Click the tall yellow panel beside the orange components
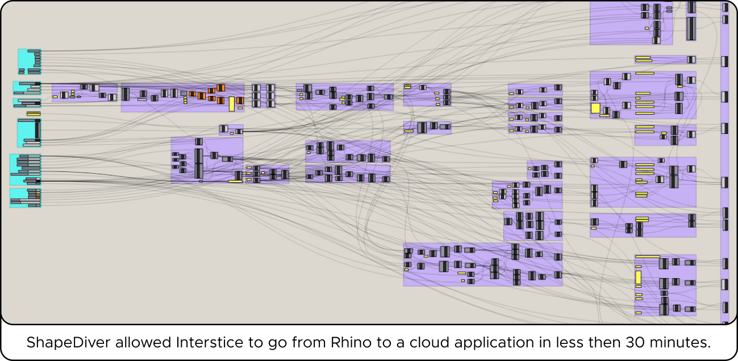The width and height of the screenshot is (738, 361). (x=232, y=104)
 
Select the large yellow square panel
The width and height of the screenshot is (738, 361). (x=595, y=108)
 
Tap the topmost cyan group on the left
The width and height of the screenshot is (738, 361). (x=30, y=61)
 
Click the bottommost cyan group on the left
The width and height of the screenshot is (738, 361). (x=26, y=197)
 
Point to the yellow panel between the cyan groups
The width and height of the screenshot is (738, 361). (x=34, y=114)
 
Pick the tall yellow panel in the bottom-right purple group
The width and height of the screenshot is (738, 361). (x=639, y=277)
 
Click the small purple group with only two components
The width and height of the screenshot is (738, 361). (x=231, y=130)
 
